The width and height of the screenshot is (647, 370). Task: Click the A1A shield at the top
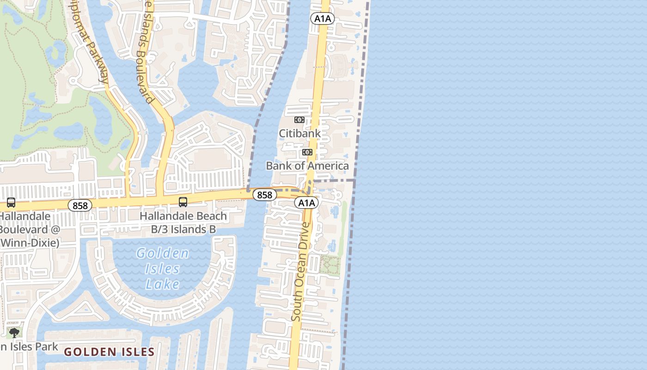pyautogui.click(x=322, y=18)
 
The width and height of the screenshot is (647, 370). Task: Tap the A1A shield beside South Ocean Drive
pyautogui.click(x=306, y=203)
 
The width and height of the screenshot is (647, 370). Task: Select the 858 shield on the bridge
pyautogui.click(x=264, y=195)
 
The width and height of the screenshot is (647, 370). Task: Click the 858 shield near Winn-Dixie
pyautogui.click(x=80, y=205)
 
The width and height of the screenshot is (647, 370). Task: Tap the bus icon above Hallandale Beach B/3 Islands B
pyautogui.click(x=183, y=202)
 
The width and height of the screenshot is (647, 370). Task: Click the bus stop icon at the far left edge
pyautogui.click(x=11, y=203)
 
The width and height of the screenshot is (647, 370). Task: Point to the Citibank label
pyautogui.click(x=299, y=133)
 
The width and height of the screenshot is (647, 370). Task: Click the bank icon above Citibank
pyautogui.click(x=299, y=120)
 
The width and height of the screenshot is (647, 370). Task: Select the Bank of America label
pyautogui.click(x=307, y=166)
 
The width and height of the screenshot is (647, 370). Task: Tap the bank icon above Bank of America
pyautogui.click(x=307, y=152)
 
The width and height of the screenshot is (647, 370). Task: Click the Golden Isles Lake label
pyautogui.click(x=163, y=268)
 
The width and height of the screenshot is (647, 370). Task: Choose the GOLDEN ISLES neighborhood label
pyautogui.click(x=109, y=352)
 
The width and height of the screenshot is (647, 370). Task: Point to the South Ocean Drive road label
pyautogui.click(x=301, y=271)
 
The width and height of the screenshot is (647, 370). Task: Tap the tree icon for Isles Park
pyautogui.click(x=14, y=333)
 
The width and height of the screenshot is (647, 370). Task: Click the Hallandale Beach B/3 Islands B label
pyautogui.click(x=183, y=222)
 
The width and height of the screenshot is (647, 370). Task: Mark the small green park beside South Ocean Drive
pyautogui.click(x=330, y=265)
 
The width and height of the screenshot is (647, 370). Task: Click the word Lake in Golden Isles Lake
pyautogui.click(x=162, y=284)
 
